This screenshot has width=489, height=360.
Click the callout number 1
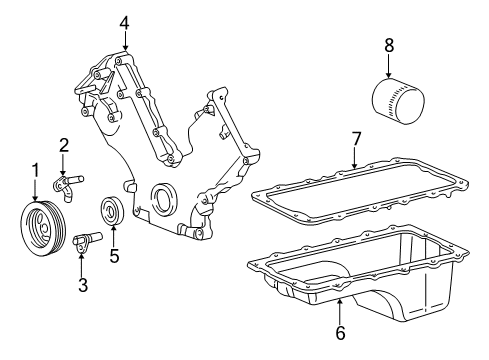pos(35,170)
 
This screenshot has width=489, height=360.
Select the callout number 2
pos(64,145)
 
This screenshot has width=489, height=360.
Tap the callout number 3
pos(83,285)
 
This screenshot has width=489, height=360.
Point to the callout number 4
pos(124,23)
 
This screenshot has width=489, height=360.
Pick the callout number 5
pos(114,256)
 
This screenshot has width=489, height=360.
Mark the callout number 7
pos(356,139)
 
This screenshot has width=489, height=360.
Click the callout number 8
pos(389,45)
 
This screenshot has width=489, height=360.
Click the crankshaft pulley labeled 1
pos(43,228)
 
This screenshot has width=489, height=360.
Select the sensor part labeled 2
pos(68,186)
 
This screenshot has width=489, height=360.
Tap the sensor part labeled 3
pos(86,241)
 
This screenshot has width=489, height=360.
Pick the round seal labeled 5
pos(112,211)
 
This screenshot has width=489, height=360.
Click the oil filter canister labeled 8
pos(398,101)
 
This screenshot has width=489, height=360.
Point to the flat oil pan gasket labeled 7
pos(360,191)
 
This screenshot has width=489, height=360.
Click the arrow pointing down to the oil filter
pos(388,66)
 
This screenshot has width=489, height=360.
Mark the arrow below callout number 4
pos(125,42)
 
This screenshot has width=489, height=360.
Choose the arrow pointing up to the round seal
pos(113,236)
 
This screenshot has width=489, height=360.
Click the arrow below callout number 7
pos(354,158)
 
